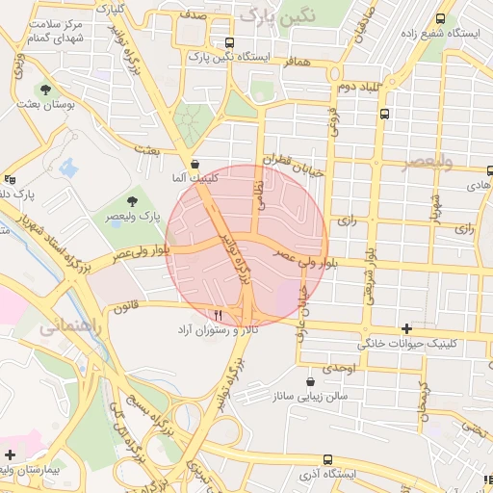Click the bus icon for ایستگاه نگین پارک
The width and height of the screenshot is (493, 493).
pyautogui.click(x=229, y=42)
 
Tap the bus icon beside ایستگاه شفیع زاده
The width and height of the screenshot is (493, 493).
pyautogui.click(x=441, y=18)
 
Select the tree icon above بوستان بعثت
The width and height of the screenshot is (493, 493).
pyautogui.click(x=45, y=89)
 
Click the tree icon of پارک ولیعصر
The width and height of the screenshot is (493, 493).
pyautogui.click(x=132, y=201)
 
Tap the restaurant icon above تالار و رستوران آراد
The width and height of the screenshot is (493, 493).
pyautogui.click(x=219, y=315)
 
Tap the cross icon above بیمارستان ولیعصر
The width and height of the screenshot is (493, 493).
pyautogui.click(x=11, y=454)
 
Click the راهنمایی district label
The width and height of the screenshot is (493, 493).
pyautogui.click(x=65, y=327)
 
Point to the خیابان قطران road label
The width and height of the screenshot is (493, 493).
pyautogui.click(x=295, y=169)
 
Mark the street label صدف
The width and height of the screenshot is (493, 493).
pyautogui.click(x=193, y=16)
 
